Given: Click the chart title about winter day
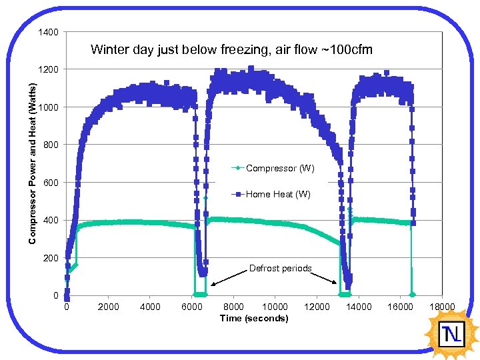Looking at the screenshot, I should pos(231,50).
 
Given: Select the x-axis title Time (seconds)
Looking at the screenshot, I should pos(254,318).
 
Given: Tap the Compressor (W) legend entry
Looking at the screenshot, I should pos(279,169).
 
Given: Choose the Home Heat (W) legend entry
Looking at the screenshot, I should pos(277,195).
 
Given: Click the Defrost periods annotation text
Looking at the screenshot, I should pos(280,268).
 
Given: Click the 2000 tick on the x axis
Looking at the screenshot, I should pos(108,307).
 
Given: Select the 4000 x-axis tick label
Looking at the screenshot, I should pos(150,307).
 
